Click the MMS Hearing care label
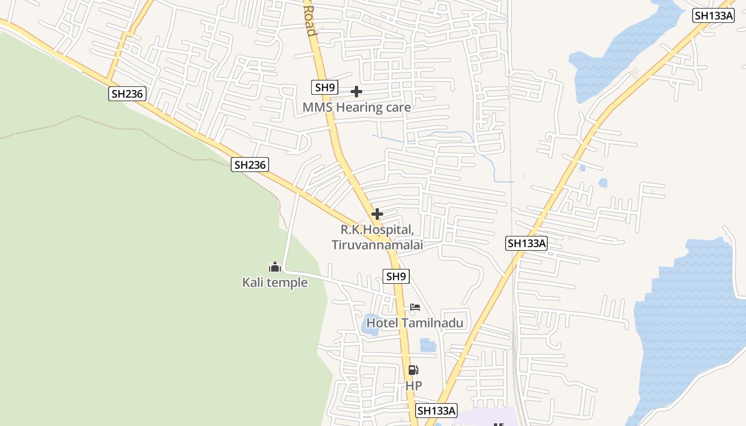[x=356, y=108]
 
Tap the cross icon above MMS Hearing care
[x=356, y=92]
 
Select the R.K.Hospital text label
[x=377, y=230]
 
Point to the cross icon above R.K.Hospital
[x=377, y=214]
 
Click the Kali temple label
[x=275, y=282]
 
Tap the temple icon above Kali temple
[x=275, y=266]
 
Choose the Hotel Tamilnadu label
[x=415, y=323]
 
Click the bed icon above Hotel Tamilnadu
[x=415, y=307]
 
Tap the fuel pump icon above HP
[x=413, y=370]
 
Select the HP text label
[x=413, y=386]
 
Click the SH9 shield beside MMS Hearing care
[x=325, y=87]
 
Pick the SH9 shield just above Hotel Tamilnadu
[x=396, y=276]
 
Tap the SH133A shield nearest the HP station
[x=436, y=411]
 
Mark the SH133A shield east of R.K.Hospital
[x=526, y=243]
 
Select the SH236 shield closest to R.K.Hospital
[x=250, y=165]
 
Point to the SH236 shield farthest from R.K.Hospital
[x=127, y=94]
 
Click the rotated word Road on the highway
[x=310, y=21]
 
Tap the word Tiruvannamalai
[x=377, y=245]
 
